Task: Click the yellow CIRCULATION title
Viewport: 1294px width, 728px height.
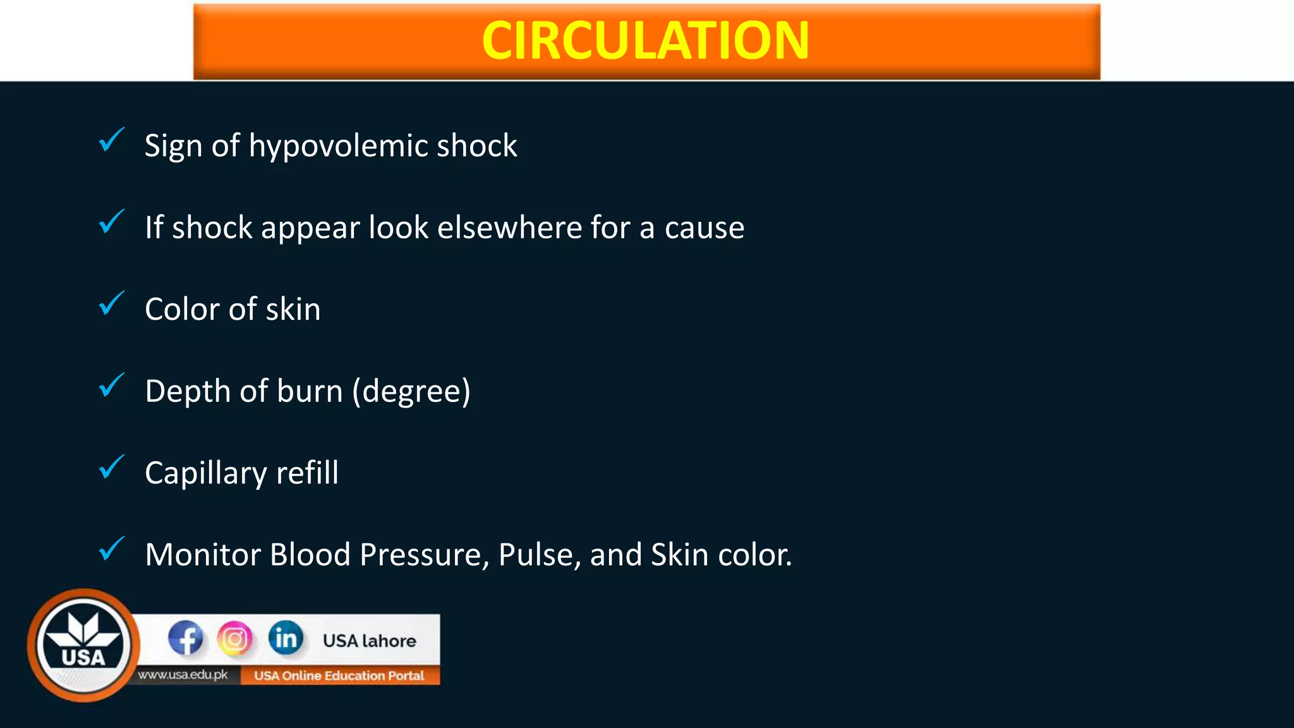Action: pos(645,40)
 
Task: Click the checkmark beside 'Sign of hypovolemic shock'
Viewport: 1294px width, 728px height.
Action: pos(112,140)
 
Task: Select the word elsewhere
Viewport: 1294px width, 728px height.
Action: pos(509,227)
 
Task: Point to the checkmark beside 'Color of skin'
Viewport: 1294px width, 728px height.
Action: pos(112,303)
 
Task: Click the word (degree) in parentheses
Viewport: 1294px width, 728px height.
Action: pos(411,392)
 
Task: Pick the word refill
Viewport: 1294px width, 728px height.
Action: pos(307,473)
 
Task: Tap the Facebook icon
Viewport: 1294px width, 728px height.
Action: pos(185,638)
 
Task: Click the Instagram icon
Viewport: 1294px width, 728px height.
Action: pos(234,638)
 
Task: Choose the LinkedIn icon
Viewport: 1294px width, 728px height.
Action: pos(286,638)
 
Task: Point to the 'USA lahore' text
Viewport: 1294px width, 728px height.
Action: pos(370,641)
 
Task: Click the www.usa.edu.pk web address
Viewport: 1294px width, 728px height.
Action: pos(183,675)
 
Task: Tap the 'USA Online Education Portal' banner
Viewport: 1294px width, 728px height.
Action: pos(339,676)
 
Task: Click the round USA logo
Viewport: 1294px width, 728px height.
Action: pos(83,645)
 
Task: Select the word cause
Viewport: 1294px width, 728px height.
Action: pos(704,228)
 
